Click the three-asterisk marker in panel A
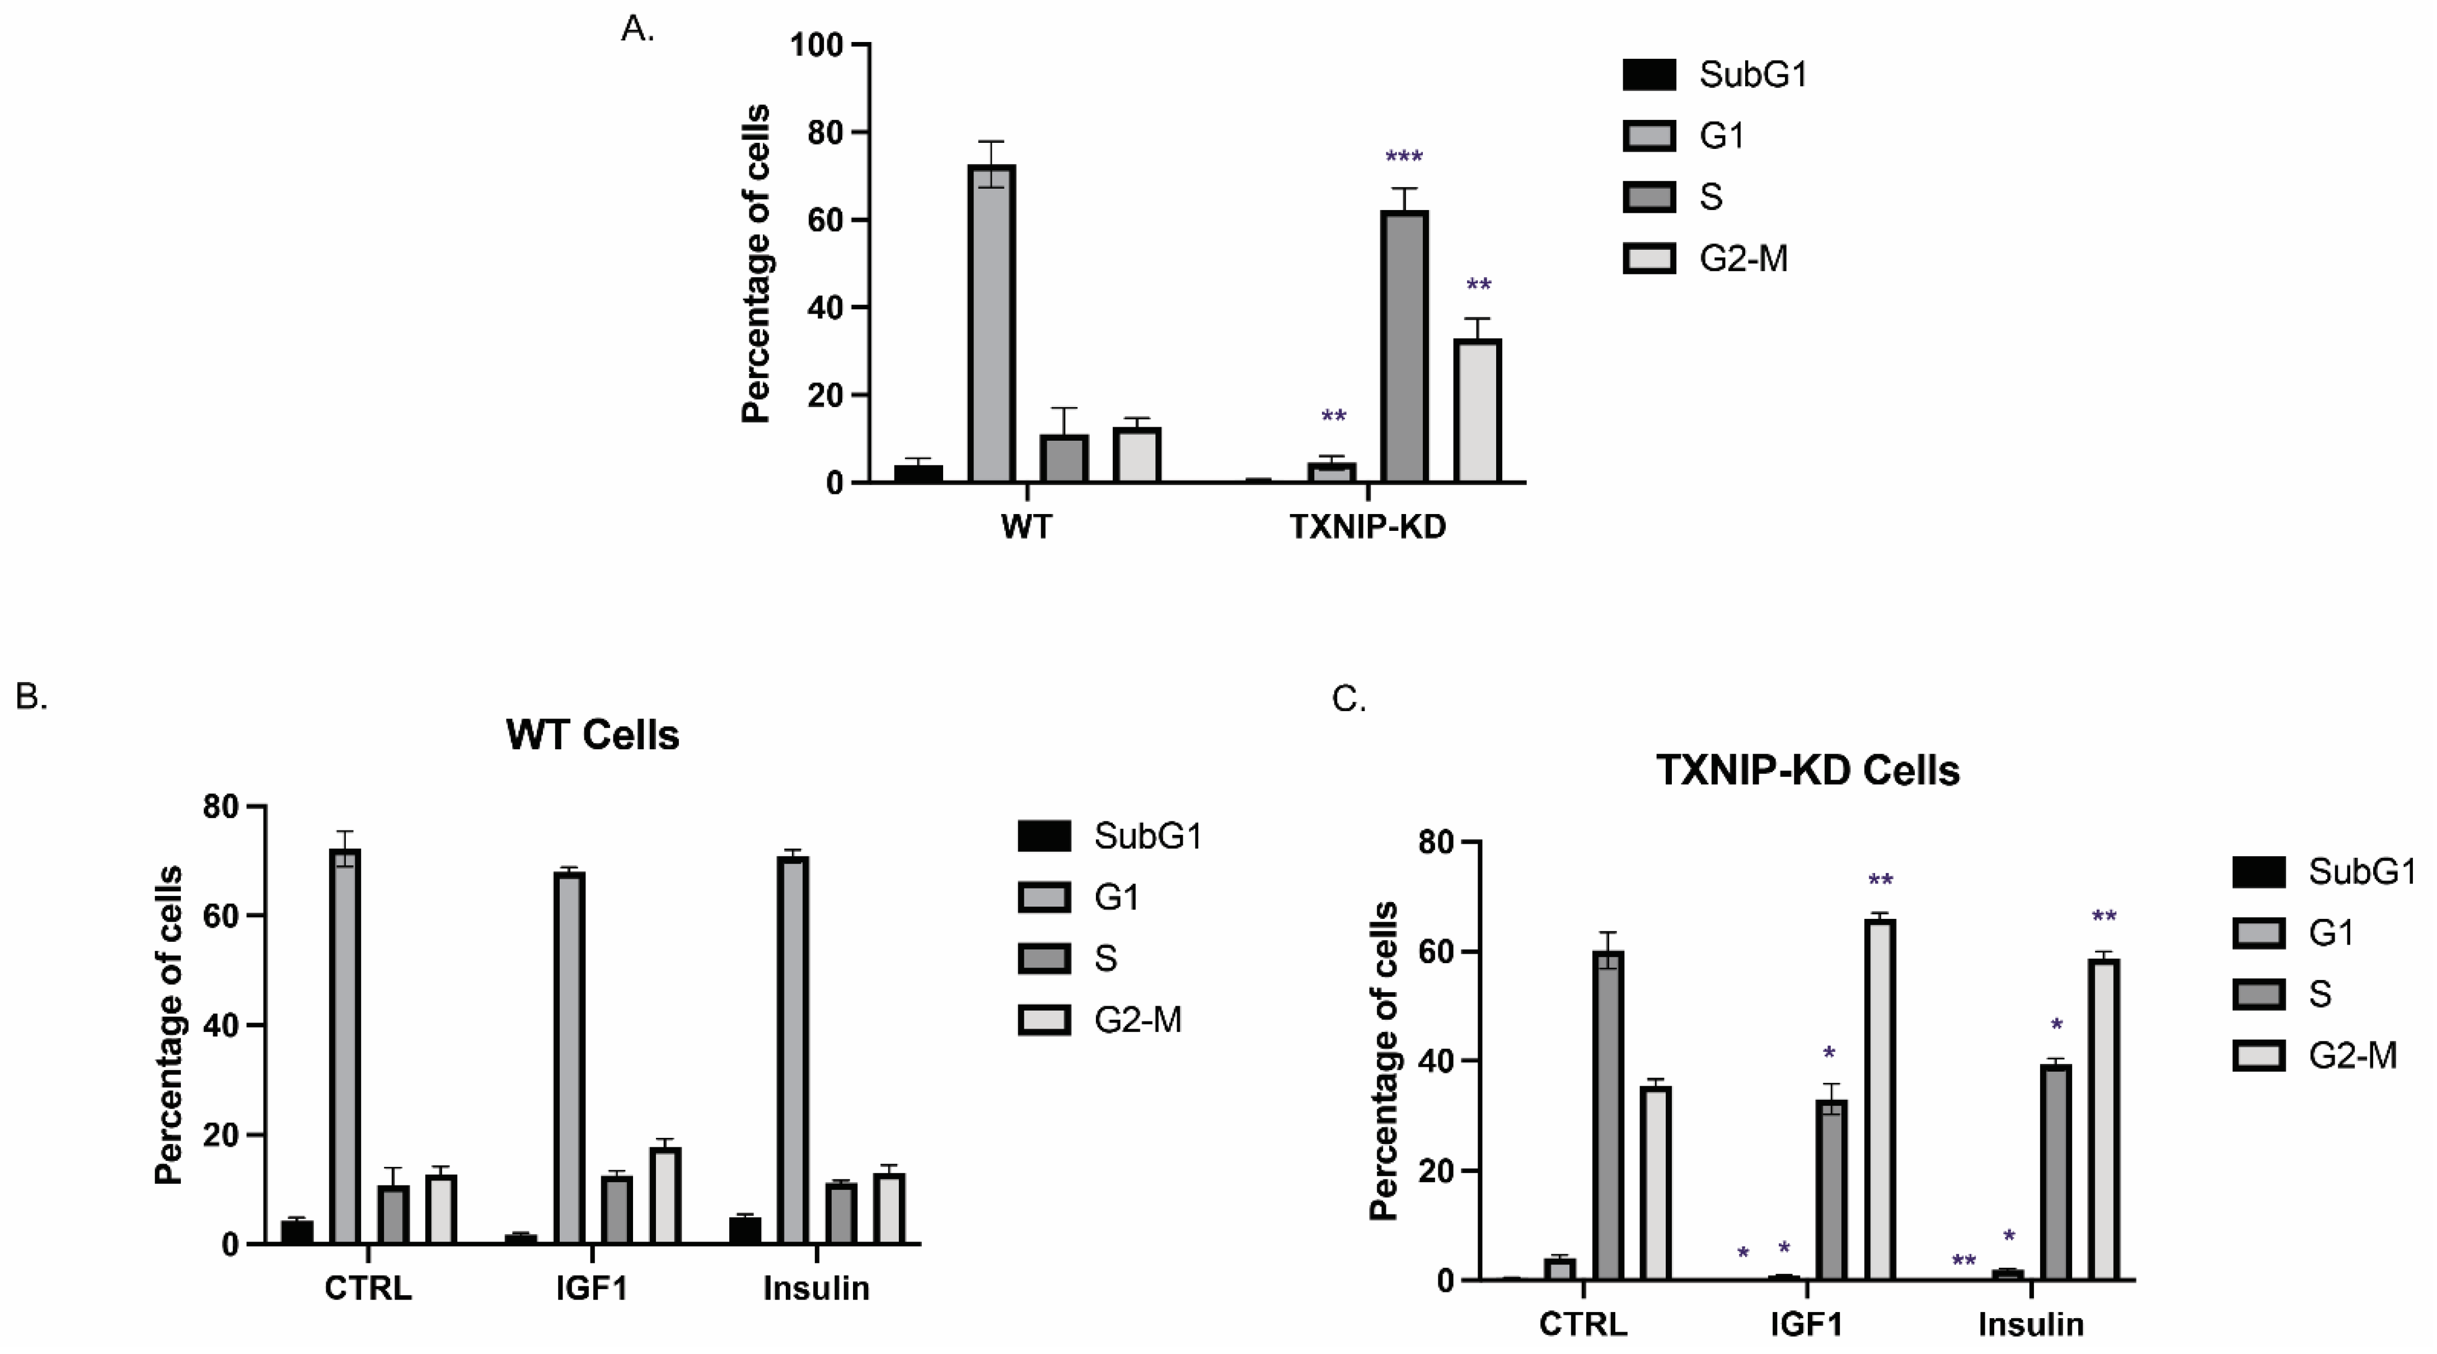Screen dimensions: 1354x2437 pyautogui.click(x=1404, y=157)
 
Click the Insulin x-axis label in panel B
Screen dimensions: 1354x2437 pyautogui.click(x=816, y=1288)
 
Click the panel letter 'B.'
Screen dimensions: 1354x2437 pyautogui.click(x=31, y=697)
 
